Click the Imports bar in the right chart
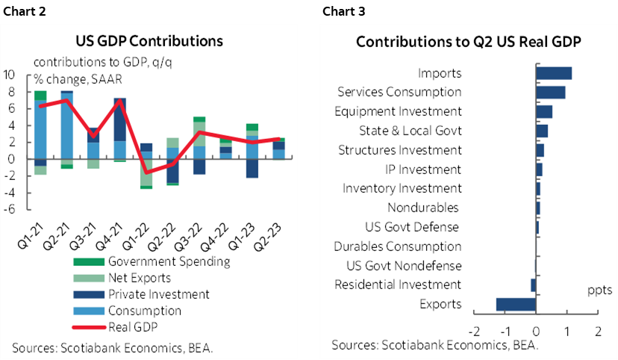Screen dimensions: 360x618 click(x=554, y=73)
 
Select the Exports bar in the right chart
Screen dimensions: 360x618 click(x=516, y=304)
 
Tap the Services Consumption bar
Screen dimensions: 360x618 click(x=550, y=92)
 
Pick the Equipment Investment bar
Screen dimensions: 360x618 click(x=544, y=111)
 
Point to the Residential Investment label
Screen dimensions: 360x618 click(x=398, y=285)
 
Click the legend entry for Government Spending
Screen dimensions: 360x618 click(x=169, y=261)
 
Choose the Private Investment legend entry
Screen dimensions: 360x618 click(x=158, y=294)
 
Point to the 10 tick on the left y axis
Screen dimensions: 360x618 click(x=10, y=75)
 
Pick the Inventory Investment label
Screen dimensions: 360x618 click(x=402, y=188)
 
